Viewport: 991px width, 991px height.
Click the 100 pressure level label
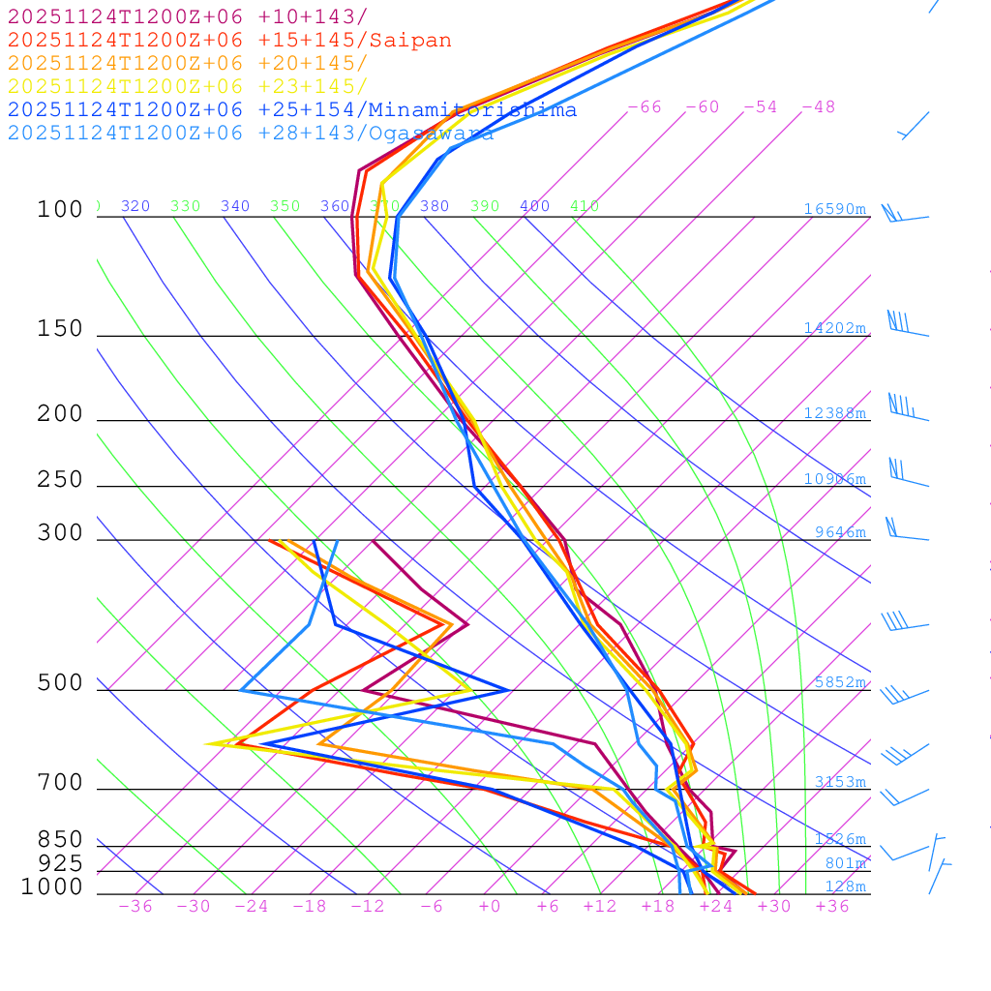[60, 210]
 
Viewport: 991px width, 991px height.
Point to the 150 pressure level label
[60, 329]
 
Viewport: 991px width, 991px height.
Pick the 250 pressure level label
[60, 480]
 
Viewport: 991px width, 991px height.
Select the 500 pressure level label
[60, 683]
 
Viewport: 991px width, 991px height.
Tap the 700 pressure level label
[60, 783]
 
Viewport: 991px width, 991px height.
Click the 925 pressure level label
[60, 863]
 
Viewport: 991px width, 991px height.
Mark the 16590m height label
[835, 209]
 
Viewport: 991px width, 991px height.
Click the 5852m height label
[840, 682]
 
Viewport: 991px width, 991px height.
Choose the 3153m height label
[840, 782]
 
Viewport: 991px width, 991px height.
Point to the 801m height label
[845, 863]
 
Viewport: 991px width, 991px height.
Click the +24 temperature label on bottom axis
[716, 906]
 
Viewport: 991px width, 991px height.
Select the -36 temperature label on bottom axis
[135, 906]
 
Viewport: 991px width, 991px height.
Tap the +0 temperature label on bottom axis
[490, 906]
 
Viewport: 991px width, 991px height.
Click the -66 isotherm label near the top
[645, 107]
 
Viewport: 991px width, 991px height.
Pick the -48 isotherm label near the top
[819, 107]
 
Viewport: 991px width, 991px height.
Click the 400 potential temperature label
[534, 206]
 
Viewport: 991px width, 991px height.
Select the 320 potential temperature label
[135, 206]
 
